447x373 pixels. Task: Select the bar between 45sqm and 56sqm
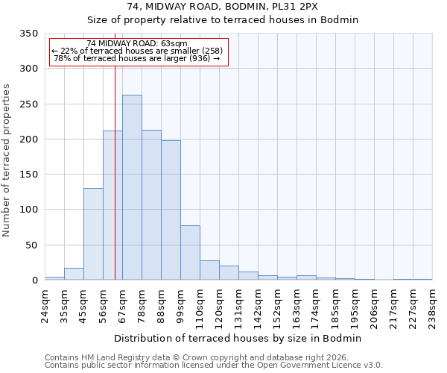pos(93,234)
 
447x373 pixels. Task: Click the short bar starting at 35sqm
pos(74,274)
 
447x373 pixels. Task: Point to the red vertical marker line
pos(115,172)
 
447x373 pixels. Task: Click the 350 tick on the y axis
pos(28,34)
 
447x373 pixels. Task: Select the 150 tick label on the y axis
pos(28,175)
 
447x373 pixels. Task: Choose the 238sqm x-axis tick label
pos(432,304)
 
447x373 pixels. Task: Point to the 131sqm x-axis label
pos(238,304)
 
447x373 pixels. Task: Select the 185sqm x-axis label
pos(335,304)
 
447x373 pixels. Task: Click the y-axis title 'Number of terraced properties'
pos(7,160)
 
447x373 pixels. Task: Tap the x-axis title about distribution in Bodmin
pos(238,338)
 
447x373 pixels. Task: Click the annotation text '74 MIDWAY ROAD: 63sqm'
pos(137,44)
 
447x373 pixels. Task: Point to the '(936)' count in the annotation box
pos(198,58)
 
